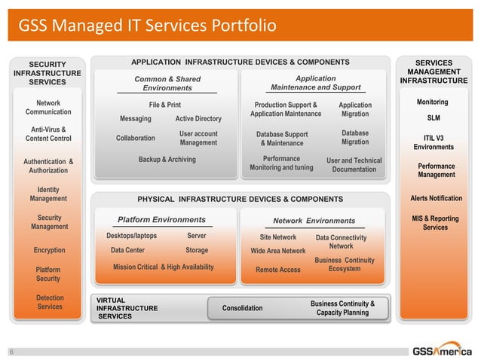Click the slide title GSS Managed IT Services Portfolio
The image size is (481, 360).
click(147, 28)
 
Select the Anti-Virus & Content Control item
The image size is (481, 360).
click(48, 134)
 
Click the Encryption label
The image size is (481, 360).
click(49, 250)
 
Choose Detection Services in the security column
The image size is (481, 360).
click(50, 303)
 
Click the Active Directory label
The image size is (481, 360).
click(198, 119)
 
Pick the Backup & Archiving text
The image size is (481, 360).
click(167, 160)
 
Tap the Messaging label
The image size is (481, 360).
click(136, 119)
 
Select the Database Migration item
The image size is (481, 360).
click(355, 137)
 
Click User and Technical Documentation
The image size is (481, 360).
click(354, 165)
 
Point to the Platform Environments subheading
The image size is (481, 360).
click(161, 220)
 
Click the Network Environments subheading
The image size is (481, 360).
click(314, 221)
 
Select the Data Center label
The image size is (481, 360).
click(127, 250)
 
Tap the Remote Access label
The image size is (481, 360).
click(277, 270)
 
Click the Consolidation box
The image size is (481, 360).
click(243, 308)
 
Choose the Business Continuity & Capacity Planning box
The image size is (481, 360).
click(342, 307)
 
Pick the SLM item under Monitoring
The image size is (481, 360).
click(434, 118)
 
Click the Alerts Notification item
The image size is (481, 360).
click(436, 198)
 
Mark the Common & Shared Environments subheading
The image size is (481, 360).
click(167, 84)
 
